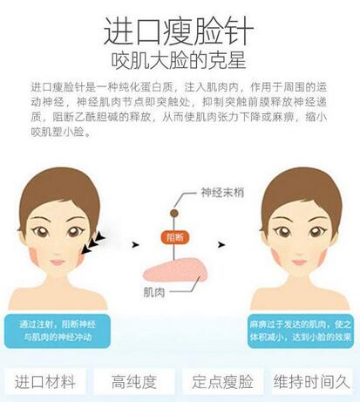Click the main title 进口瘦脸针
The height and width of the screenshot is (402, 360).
coord(179,31)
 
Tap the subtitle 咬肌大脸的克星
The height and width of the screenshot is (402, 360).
coord(179,60)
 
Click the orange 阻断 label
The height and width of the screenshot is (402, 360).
coord(175,237)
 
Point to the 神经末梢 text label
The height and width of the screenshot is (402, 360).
coord(222,193)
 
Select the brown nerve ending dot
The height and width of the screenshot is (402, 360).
coord(174,214)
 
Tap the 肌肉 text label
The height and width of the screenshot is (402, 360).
coord(154,292)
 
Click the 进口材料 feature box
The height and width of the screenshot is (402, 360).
coord(45,382)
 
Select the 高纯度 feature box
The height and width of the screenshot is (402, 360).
coord(134,382)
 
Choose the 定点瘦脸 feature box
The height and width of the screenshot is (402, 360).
coord(222,382)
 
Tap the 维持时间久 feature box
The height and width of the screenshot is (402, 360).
coord(311,382)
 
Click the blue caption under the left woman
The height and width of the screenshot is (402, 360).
coord(58,330)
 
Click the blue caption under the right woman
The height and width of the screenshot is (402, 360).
coord(301,330)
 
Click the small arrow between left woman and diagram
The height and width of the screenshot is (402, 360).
coord(135,245)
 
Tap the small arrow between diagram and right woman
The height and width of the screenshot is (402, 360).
coord(221,245)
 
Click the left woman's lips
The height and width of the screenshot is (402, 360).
coord(58,262)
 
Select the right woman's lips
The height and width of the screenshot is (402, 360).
coord(300,262)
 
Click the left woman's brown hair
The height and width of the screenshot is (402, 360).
coord(58,186)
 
